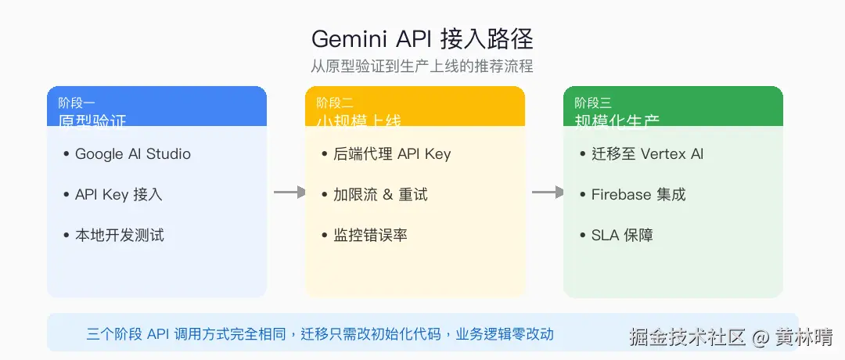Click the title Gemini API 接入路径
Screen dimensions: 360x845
tap(422, 39)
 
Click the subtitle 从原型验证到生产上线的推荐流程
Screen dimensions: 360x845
tap(422, 66)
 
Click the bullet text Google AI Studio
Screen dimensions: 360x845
tap(132, 153)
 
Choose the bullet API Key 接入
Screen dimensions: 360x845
tap(118, 194)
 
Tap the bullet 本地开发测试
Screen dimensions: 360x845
tap(119, 235)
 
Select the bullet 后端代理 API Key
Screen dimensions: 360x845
tap(392, 153)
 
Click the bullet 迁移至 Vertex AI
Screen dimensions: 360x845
tap(647, 153)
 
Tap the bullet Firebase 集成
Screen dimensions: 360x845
tap(638, 194)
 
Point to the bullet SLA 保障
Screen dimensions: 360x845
tap(621, 235)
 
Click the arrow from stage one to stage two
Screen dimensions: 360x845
tap(289, 192)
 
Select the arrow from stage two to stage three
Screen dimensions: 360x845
tap(548, 192)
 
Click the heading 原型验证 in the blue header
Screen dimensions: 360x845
tap(92, 121)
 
